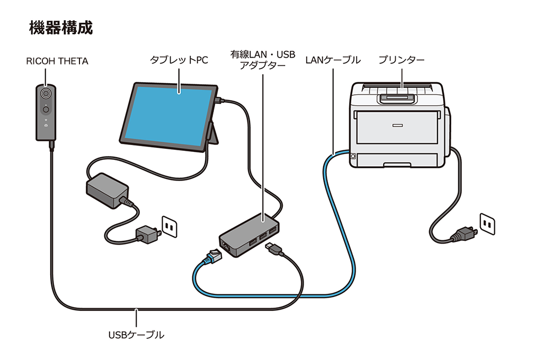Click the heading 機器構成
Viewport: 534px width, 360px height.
(x=61, y=28)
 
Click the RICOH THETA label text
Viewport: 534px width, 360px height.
(x=57, y=61)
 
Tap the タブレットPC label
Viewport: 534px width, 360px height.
(x=179, y=60)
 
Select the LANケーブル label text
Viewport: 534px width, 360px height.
(x=333, y=60)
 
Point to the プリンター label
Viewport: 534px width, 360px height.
(x=401, y=60)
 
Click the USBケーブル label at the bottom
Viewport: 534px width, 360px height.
(x=136, y=335)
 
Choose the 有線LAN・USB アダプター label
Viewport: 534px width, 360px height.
(x=263, y=60)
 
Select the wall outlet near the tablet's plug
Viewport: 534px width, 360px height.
(x=169, y=226)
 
